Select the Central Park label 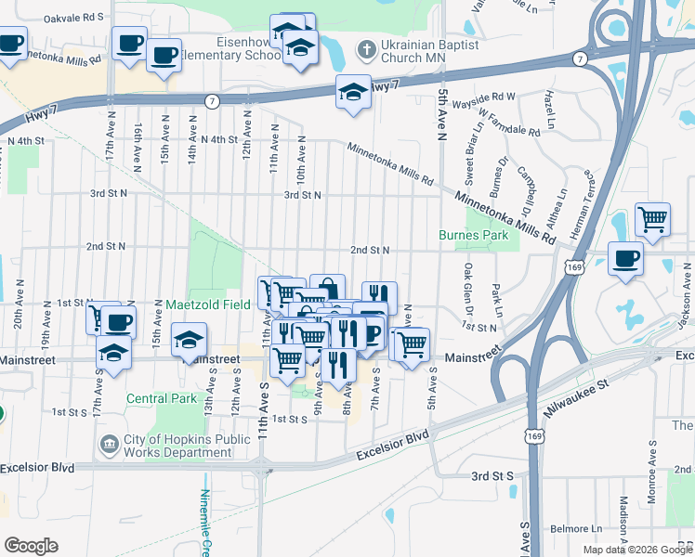click(162, 398)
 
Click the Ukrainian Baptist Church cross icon click(366, 47)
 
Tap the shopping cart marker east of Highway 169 click(652, 220)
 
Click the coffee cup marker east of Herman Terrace click(626, 257)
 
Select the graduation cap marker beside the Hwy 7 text click(353, 91)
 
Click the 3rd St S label click(492, 475)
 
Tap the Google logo click(31, 545)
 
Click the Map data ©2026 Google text click(637, 550)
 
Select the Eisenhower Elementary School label click(227, 49)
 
